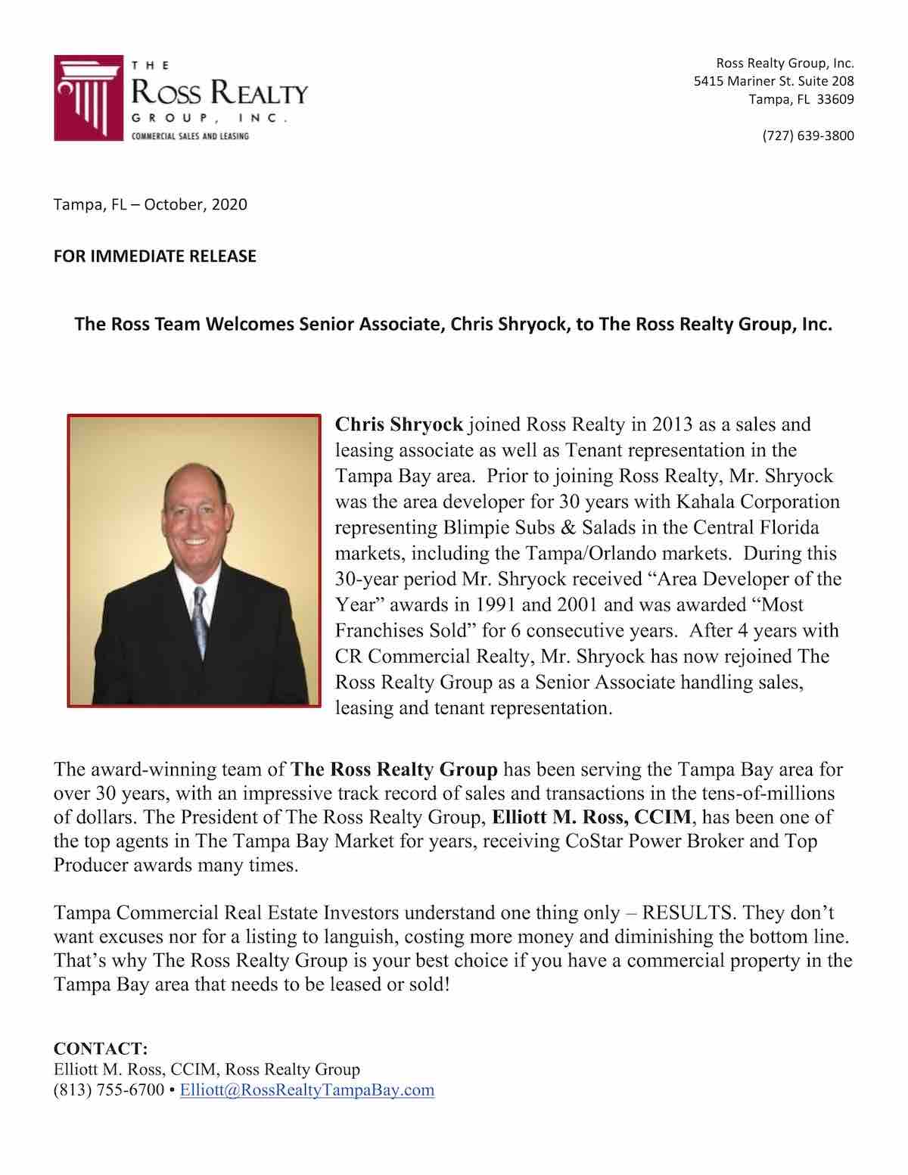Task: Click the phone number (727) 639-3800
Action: (x=807, y=136)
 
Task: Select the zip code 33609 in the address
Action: (x=838, y=99)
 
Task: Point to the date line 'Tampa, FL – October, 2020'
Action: (x=150, y=205)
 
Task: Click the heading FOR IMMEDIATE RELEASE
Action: (x=154, y=256)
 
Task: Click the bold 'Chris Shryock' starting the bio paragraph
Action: (x=399, y=425)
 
